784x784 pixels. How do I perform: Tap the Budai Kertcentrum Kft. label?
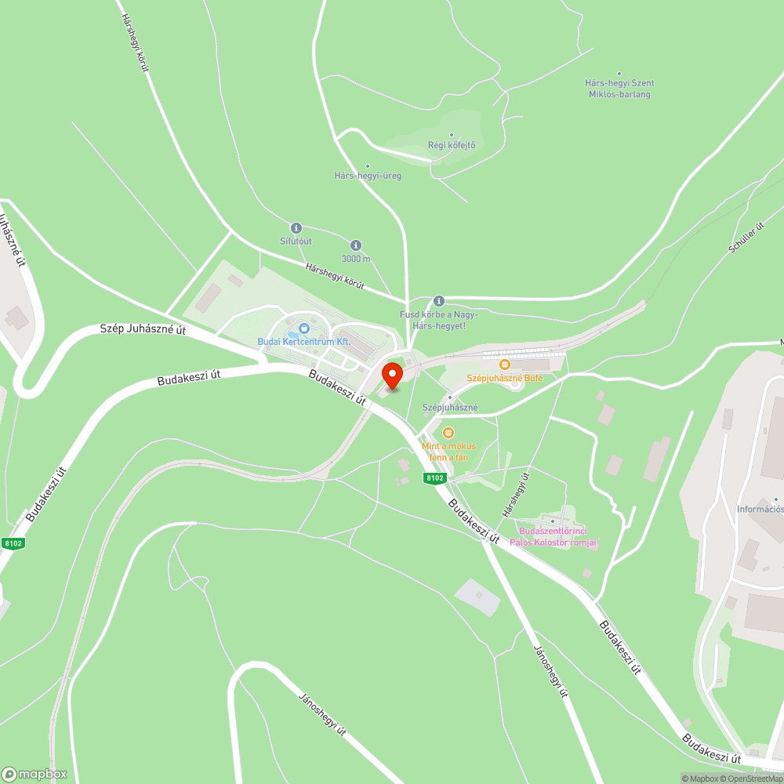tap(304, 342)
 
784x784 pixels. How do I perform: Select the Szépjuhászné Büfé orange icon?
tap(505, 365)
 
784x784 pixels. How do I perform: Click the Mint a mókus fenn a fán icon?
tap(448, 432)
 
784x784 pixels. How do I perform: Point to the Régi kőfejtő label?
tap(452, 145)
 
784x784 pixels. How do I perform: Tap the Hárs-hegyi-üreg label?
tap(368, 176)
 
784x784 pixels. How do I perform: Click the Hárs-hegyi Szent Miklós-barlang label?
tap(619, 89)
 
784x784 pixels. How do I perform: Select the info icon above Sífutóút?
tap(296, 227)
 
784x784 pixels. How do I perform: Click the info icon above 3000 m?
tap(356, 245)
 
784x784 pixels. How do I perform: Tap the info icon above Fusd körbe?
tap(439, 300)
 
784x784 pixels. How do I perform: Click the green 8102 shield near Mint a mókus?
tap(434, 477)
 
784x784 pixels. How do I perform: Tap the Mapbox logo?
tap(35, 773)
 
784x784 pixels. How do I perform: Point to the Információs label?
tap(760, 509)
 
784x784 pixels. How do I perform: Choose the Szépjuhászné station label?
tap(450, 408)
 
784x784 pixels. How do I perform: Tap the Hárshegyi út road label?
tap(516, 494)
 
